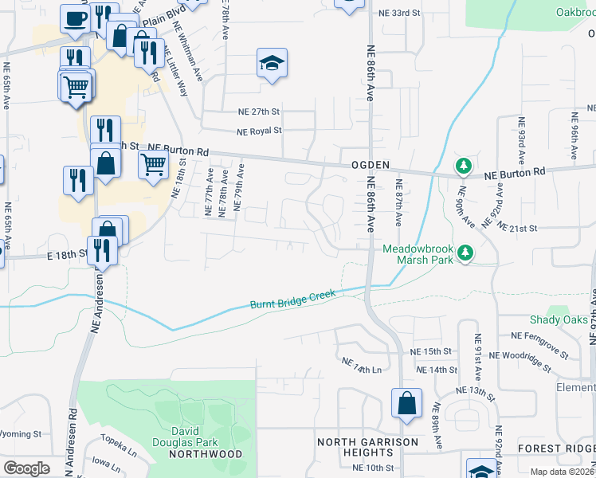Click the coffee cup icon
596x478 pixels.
(x=75, y=19)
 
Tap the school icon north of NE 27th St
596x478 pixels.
(x=272, y=64)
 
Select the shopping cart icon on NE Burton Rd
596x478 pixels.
(x=152, y=165)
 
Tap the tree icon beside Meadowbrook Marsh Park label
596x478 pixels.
(x=465, y=254)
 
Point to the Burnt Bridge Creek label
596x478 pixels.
(x=292, y=300)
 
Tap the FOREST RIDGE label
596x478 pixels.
(x=555, y=449)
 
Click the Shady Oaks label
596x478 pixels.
(x=557, y=319)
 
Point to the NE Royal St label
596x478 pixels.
(x=259, y=131)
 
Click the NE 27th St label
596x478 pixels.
(x=259, y=112)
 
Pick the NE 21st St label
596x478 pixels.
(x=518, y=228)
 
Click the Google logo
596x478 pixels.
(x=26, y=468)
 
